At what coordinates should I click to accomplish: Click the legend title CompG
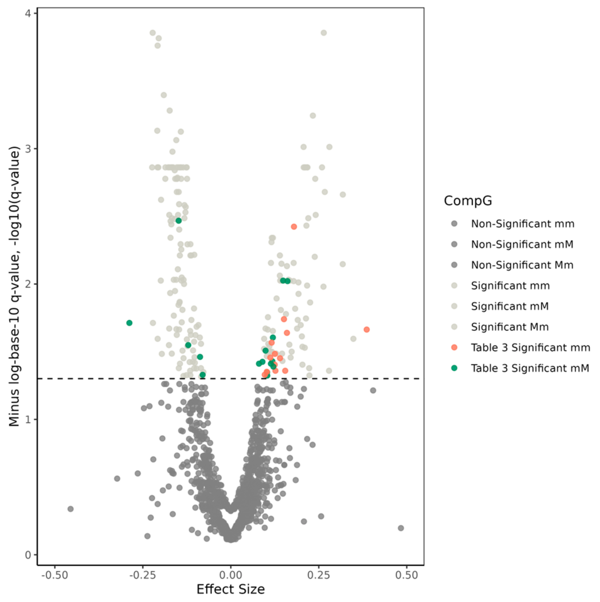[468, 201]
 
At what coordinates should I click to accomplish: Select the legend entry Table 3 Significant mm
[530, 347]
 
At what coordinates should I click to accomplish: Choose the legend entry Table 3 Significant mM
[530, 368]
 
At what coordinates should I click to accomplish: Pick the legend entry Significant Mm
[510, 327]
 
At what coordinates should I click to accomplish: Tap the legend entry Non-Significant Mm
[522, 265]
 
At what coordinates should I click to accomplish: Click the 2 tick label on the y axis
[28, 284]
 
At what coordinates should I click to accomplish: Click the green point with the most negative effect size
[129, 323]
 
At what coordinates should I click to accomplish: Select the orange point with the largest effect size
[367, 329]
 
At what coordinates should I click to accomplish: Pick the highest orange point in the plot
[294, 226]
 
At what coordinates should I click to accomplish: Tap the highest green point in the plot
[178, 221]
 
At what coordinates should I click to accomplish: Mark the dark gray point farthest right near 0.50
[401, 528]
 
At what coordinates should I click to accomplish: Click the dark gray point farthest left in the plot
[71, 509]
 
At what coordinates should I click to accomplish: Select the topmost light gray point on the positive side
[324, 33]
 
